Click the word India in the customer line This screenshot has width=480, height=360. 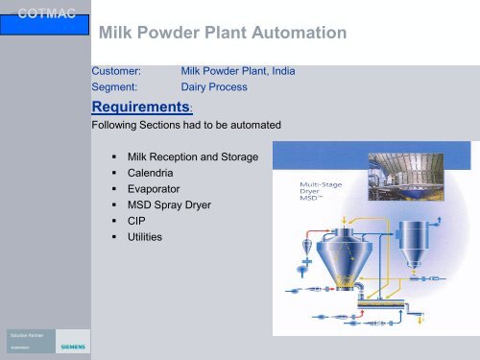[281, 71]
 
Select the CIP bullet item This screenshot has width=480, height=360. [136, 221]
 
